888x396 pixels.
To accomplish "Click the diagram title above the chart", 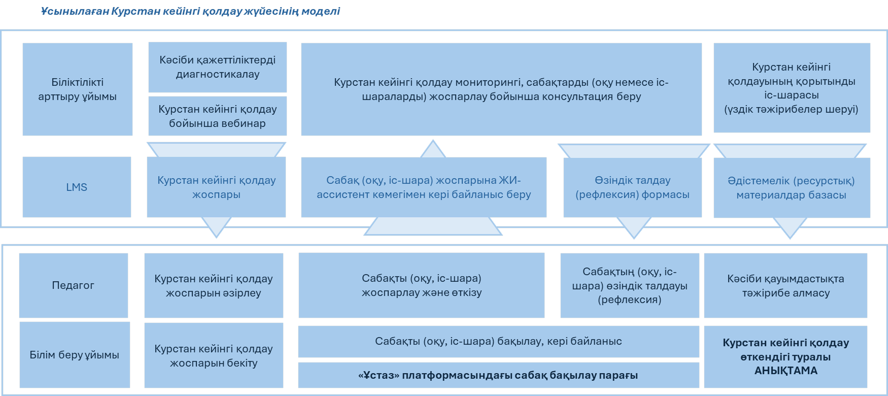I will point(190,11).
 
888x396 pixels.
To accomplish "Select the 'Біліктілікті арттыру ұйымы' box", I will point(77,89).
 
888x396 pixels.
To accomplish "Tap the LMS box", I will point(77,187).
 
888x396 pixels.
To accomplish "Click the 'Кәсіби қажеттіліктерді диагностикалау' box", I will point(217,67).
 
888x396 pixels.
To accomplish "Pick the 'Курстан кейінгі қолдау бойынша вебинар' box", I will point(217,116).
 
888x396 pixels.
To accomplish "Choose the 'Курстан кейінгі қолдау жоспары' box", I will point(216,187).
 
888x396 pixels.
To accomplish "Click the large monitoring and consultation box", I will point(501,89).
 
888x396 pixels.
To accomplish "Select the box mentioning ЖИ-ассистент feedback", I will point(424,187).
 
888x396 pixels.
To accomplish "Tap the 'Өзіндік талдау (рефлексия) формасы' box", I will point(632,187).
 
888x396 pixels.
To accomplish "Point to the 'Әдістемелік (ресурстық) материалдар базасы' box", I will point(791,188).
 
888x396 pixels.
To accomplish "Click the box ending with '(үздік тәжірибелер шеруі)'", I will point(791,88).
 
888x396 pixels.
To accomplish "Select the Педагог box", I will point(73,285).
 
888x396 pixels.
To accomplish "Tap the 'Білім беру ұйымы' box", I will point(74,355).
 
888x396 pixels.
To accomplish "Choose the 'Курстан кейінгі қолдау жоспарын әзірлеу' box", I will point(214,285).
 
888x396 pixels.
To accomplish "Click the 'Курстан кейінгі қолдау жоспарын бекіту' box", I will point(214,355).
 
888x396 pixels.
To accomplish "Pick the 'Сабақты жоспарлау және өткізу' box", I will point(421,285).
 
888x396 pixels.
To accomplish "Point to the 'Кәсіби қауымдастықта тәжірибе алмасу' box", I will point(785,285).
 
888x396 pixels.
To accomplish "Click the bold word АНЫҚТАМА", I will point(785,371).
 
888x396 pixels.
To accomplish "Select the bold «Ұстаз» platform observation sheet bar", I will point(498,375).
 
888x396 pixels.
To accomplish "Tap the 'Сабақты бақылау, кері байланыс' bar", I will point(498,342).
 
